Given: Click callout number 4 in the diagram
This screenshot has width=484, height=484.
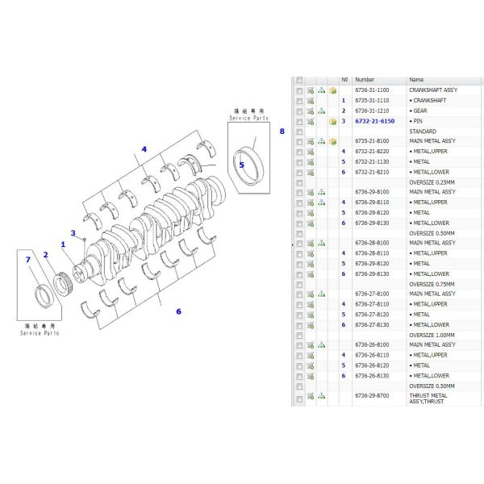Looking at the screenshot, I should [144, 149].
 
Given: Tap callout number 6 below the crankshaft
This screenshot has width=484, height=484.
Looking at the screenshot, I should [178, 311].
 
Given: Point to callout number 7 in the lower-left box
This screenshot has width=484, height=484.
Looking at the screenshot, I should [27, 259].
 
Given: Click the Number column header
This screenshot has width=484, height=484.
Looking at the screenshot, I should [365, 80].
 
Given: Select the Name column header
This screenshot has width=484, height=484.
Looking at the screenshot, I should [416, 80].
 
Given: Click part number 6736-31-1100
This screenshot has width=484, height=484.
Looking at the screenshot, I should [371, 90].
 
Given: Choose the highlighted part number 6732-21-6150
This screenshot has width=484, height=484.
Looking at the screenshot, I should [372, 121].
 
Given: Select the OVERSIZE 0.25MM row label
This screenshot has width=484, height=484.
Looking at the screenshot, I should [432, 182].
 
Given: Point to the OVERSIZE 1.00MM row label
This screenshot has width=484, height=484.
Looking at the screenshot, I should [432, 335].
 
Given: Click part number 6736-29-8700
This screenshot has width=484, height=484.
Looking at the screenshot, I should [371, 396].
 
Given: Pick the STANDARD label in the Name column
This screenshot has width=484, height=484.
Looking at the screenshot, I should [423, 131].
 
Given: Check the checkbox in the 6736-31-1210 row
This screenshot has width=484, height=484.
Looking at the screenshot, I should [299, 111].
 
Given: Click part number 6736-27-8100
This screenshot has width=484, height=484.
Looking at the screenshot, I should [371, 294].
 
